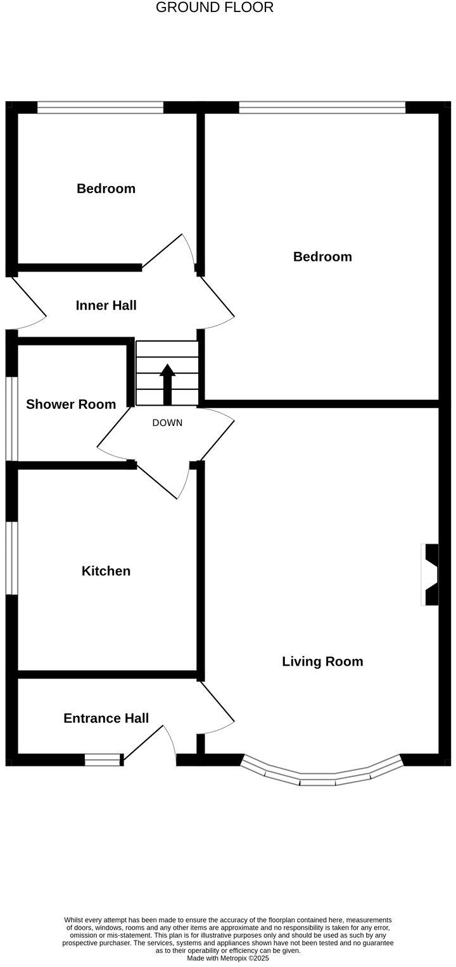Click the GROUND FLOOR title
tap(215, 8)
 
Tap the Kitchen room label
tap(106, 571)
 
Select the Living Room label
tap(322, 661)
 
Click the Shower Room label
tap(71, 404)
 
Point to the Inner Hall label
tap(106, 306)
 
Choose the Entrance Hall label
tap(106, 718)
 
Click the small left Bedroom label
tap(106, 189)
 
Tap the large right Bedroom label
tap(322, 256)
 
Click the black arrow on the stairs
tap(167, 384)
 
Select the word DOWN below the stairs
tap(167, 423)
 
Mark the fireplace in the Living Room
tap(431, 575)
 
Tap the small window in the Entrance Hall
tap(103, 759)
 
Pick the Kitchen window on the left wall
tap(11, 558)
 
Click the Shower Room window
tap(11, 419)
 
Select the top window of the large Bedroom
tap(322, 107)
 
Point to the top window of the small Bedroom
tap(100, 107)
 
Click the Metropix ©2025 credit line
tap(227, 959)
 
